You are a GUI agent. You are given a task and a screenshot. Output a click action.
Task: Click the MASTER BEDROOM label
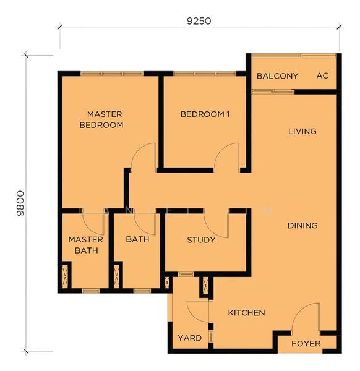pos(105,119)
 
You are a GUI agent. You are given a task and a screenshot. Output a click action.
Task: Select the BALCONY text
pos(277,76)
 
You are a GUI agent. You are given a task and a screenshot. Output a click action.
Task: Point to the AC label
pos(322,76)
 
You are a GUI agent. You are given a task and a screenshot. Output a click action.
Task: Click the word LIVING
pos(302,131)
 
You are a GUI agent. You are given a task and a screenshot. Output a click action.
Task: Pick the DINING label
pos(302,226)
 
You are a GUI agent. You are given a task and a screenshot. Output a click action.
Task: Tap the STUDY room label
pos(201,240)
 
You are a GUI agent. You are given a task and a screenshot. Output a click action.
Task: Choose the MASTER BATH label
pos(86,245)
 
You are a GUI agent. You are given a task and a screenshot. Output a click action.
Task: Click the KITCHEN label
pos(246,313)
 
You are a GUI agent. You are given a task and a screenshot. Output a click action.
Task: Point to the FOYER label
pos(306,343)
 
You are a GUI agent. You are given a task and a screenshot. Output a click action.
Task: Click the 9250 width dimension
pos(199,20)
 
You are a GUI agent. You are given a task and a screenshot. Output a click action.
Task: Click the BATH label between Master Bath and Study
pos(137,239)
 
